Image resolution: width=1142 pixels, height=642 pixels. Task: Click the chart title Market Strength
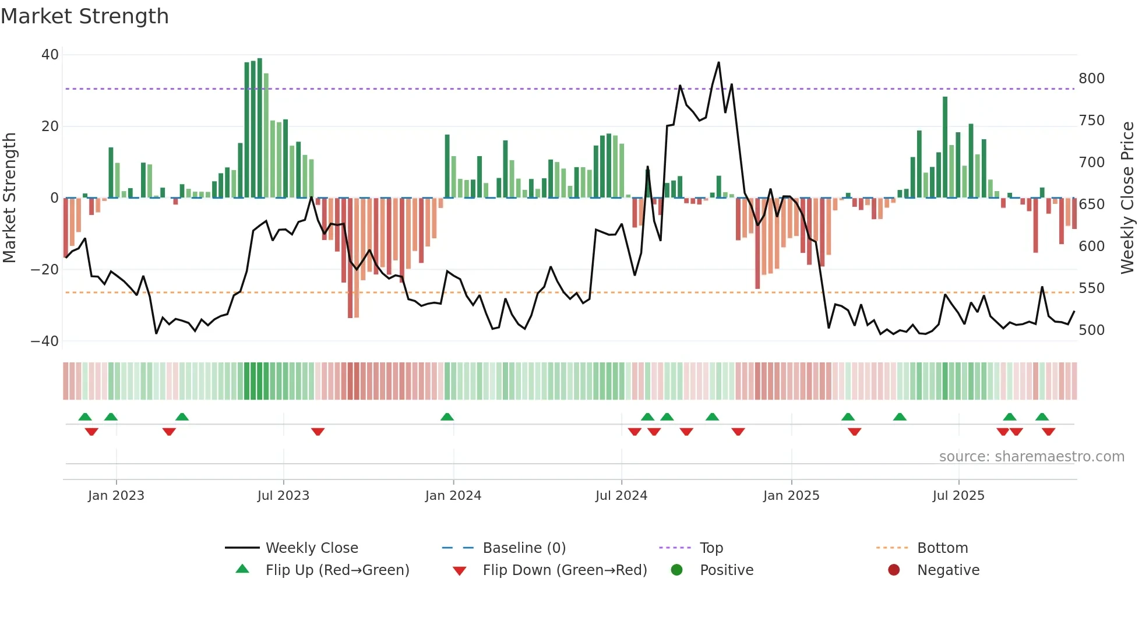click(84, 16)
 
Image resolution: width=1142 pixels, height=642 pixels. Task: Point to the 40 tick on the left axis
click(50, 55)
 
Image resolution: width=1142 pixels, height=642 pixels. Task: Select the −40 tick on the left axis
click(45, 341)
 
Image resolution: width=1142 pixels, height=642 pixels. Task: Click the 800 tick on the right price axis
click(1091, 79)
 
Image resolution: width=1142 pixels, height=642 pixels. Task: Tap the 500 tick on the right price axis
click(1091, 330)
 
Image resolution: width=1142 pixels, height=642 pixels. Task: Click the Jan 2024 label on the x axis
click(453, 496)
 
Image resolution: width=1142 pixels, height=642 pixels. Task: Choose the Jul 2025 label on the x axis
click(958, 496)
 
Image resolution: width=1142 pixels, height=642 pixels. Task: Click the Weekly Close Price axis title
click(1127, 197)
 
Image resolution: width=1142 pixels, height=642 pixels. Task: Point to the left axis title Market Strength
click(9, 197)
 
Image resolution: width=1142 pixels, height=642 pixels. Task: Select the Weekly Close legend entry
click(311, 548)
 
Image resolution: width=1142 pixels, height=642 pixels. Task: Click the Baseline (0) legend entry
click(524, 548)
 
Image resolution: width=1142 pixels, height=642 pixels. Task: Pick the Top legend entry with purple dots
click(711, 548)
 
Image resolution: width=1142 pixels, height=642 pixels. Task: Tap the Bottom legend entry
click(942, 548)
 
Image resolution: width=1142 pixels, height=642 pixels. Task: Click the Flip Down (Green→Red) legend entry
click(564, 570)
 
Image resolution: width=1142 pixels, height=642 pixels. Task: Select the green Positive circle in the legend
click(676, 570)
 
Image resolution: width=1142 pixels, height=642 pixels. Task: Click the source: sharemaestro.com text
click(1031, 457)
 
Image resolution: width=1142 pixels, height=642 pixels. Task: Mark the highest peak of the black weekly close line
click(718, 63)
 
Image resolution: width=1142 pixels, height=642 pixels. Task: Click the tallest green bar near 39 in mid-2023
click(260, 128)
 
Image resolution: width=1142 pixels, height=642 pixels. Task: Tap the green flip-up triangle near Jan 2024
click(447, 417)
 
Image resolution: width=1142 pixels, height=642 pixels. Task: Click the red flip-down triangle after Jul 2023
click(318, 432)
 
